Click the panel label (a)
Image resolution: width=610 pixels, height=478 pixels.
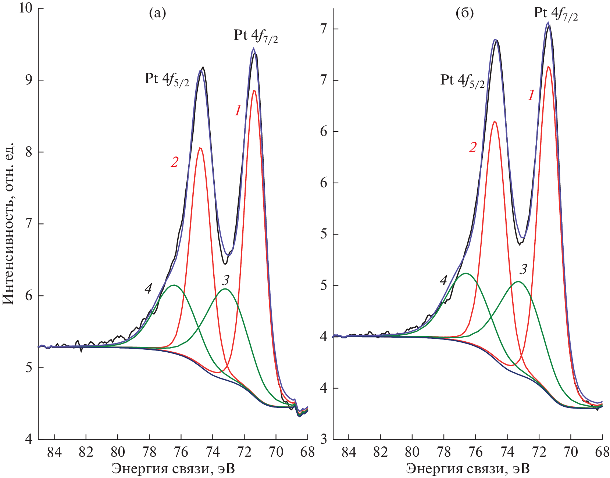pos(157,14)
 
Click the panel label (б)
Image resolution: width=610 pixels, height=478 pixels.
pos(464,14)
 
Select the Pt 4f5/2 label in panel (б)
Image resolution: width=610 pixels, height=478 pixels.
pos(463,81)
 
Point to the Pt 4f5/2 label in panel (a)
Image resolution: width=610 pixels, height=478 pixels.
pos(167,79)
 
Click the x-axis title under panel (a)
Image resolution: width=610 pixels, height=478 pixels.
pos(173,469)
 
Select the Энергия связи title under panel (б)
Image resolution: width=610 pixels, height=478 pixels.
pos(468,469)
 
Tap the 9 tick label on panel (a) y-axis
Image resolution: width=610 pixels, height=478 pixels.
pos(29,80)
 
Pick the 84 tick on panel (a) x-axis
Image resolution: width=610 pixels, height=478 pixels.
pos(54,452)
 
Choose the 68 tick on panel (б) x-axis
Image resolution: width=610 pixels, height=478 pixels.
pos(602,452)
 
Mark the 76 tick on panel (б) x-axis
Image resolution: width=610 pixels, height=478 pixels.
pos(475,452)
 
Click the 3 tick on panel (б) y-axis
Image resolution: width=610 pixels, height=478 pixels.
pos(324,439)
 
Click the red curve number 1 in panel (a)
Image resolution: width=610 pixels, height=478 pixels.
pos(238,111)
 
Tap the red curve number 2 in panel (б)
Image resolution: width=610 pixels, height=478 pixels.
pos(473,147)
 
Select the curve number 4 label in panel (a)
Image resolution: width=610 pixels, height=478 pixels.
pos(148,289)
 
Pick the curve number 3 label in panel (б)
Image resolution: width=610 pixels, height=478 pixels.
pos(523,269)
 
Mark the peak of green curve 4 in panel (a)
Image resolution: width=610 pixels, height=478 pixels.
pos(174,285)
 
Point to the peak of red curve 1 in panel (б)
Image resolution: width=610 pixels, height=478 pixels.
pos(548,67)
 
